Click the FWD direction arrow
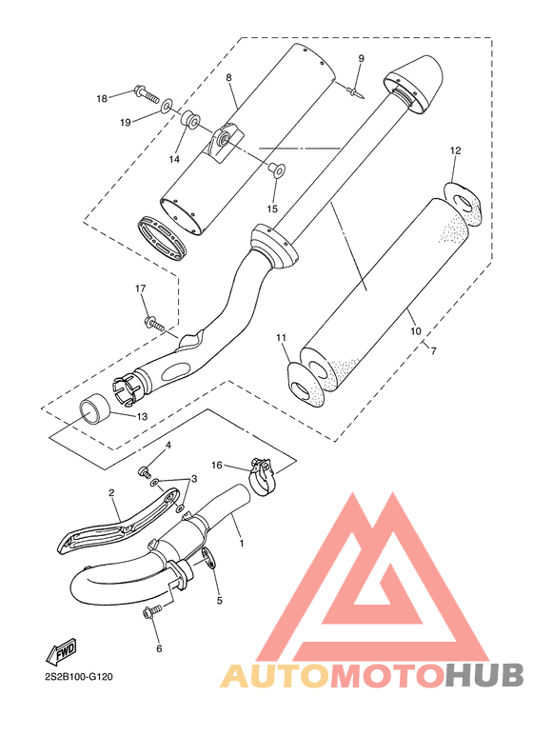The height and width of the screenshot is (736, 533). pyautogui.click(x=61, y=650)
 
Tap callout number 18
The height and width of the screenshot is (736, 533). pyautogui.click(x=102, y=99)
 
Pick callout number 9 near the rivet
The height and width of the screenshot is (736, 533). pyautogui.click(x=361, y=59)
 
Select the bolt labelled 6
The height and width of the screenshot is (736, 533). pyautogui.click(x=151, y=610)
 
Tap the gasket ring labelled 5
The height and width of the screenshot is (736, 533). pyautogui.click(x=209, y=558)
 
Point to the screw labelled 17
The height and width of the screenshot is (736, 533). pyautogui.click(x=154, y=324)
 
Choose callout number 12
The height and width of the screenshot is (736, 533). pyautogui.click(x=455, y=150)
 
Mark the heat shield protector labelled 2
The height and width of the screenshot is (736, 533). pyautogui.click(x=120, y=525)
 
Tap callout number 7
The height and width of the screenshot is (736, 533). pyautogui.click(x=433, y=350)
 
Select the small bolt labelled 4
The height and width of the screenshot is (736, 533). pyautogui.click(x=143, y=470)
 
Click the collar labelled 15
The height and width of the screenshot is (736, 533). pyautogui.click(x=276, y=169)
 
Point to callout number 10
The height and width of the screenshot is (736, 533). pyautogui.click(x=416, y=331)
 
